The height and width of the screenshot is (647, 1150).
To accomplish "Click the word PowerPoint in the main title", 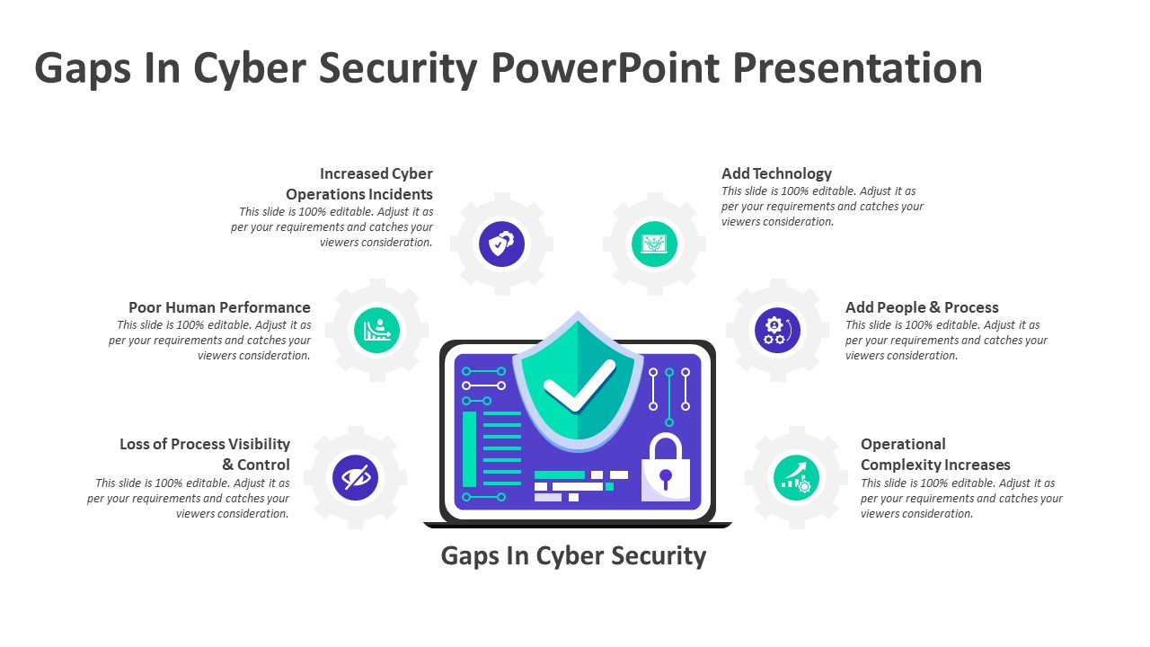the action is pos(606,68).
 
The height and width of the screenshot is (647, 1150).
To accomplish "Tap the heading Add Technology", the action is pos(776,173).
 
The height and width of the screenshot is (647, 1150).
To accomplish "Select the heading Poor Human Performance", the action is pos(219,307).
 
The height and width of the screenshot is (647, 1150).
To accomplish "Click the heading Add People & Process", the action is pos(922,307).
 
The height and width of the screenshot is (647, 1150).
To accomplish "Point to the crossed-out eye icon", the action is pos(355,477).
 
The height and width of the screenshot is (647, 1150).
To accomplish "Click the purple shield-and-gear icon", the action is pos(501,244).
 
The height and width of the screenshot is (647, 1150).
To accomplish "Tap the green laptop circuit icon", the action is pos(654,244).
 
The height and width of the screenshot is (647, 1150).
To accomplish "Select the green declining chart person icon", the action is pos(376,330).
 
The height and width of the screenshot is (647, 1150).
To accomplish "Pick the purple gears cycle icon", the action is pos(777,330).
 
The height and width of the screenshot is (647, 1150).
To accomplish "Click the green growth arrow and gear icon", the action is pos(796,477).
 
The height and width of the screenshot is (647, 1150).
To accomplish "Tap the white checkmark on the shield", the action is pos(579,386).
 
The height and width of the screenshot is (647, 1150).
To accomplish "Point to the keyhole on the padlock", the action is pos(666,479).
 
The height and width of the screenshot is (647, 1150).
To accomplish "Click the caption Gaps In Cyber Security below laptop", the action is pos(573,556).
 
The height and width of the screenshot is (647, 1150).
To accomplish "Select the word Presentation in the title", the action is pos(857,68).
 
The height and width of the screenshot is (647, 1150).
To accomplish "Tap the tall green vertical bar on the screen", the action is pos(469,448).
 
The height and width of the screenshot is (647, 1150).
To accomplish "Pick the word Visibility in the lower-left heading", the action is pos(259,444).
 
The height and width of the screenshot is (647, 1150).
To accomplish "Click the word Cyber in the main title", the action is pos(250,68).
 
